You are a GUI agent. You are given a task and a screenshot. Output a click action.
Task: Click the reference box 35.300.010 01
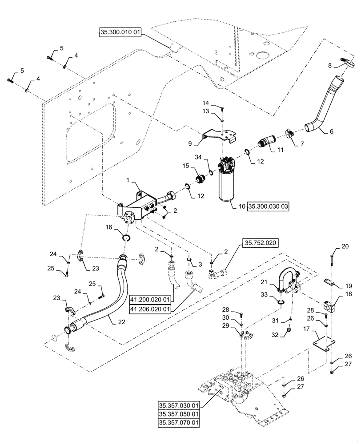click(120, 32)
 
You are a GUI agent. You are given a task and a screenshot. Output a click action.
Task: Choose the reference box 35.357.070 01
click(180, 422)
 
